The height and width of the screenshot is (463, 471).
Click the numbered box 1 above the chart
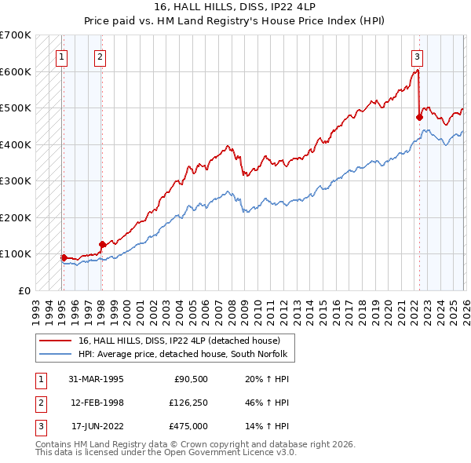[61, 56]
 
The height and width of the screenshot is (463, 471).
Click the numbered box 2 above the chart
[100, 56]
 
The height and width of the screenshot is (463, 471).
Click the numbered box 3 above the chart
[417, 56]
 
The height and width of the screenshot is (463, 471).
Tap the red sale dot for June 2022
[419, 117]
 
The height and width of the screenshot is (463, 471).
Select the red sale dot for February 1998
[102, 244]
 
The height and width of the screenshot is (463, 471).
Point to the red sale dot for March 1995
[64, 257]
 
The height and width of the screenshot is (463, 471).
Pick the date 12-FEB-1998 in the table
[97, 403]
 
